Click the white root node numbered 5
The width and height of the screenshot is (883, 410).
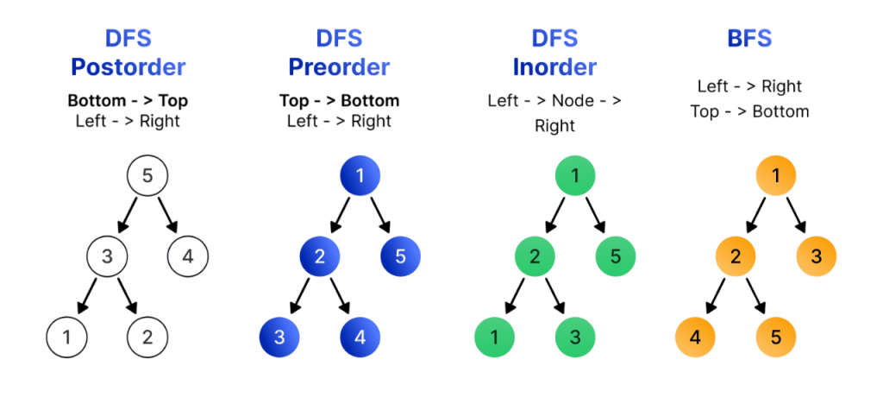pos(147,177)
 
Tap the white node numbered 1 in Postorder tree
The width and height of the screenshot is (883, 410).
pos(67,337)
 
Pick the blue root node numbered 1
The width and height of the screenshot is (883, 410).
pos(360,177)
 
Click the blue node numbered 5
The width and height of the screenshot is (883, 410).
pos(400,256)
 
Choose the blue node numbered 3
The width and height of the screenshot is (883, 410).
pos(280,337)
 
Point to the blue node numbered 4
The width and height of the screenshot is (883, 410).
pos(360,337)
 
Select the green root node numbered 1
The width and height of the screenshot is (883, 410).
pos(575,177)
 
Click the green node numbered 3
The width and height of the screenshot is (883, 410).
pos(575,337)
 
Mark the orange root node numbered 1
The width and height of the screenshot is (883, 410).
pos(776,177)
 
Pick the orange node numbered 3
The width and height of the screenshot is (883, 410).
pos(815,256)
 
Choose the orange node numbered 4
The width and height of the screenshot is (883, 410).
pos(696,337)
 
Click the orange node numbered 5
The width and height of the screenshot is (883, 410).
pos(776,337)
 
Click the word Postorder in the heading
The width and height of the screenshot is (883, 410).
pos(128,66)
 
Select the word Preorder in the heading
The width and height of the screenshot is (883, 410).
pos(340,66)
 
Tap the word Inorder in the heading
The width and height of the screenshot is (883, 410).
pos(554,66)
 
